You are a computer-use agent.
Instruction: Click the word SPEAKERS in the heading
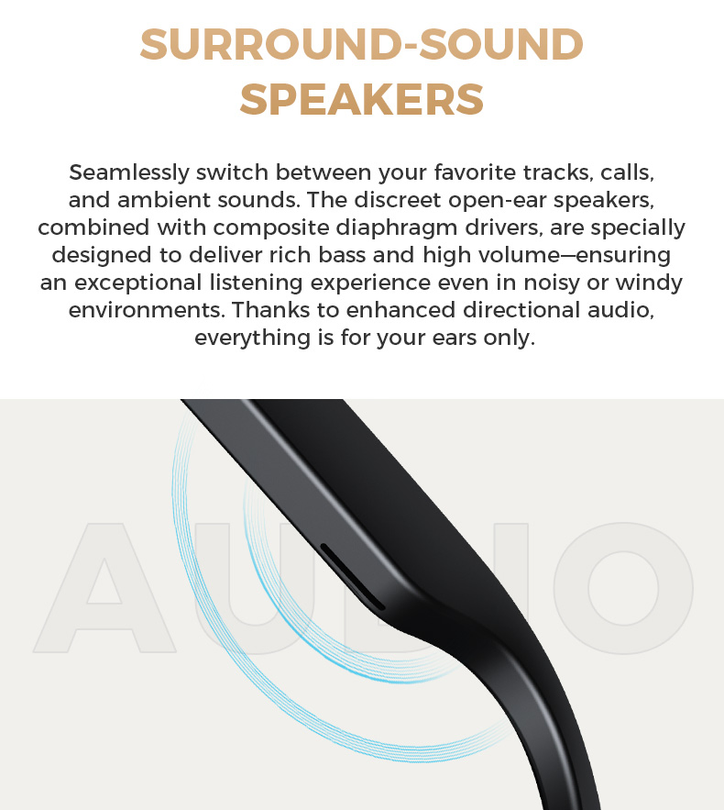(x=361, y=99)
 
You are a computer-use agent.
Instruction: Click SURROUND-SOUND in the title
(x=361, y=44)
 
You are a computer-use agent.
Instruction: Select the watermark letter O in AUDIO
(x=624, y=587)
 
